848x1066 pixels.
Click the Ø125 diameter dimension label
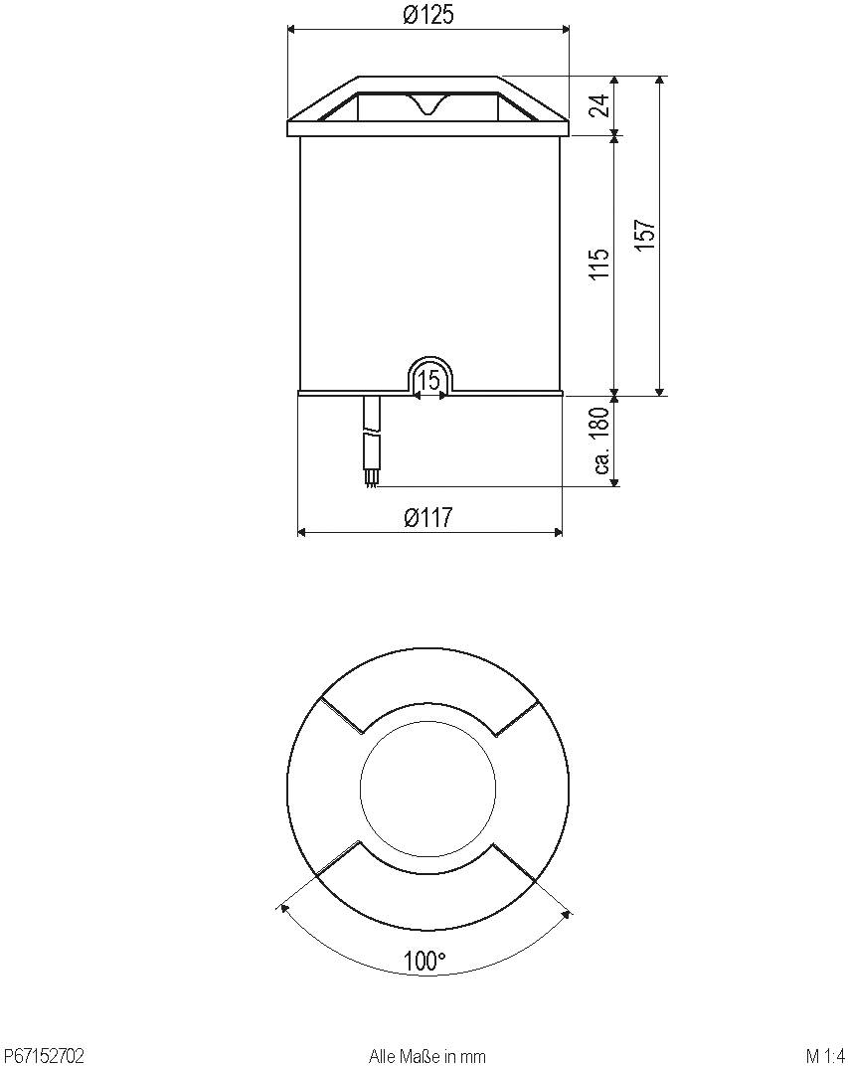click(427, 16)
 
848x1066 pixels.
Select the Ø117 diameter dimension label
click(427, 518)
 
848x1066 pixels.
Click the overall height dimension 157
click(645, 236)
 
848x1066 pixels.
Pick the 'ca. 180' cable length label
click(599, 442)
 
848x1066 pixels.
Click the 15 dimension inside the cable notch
click(429, 380)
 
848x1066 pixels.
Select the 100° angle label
click(425, 962)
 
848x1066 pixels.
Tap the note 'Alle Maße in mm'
click(426, 1056)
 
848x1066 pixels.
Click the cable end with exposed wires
click(372, 479)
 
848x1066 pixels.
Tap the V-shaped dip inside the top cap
click(428, 105)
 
